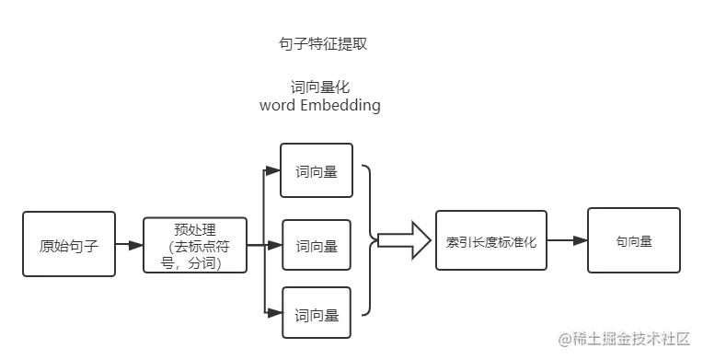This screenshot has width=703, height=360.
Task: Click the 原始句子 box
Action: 70,245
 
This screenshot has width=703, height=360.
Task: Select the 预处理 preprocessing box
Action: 195,245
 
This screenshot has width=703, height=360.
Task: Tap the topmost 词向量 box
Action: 317,170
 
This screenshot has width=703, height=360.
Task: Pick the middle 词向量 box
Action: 317,246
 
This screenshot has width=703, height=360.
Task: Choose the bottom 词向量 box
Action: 317,315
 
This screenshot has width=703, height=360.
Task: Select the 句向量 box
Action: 634,239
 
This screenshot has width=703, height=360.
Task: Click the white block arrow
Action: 404,240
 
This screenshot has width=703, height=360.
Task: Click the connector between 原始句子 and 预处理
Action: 130,246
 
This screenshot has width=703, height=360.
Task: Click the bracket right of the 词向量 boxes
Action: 369,240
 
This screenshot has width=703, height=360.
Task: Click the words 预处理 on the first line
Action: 195,228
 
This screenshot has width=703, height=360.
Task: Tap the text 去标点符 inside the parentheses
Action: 202,246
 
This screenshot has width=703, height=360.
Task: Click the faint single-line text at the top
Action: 321,44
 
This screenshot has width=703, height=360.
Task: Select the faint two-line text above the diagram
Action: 319,96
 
